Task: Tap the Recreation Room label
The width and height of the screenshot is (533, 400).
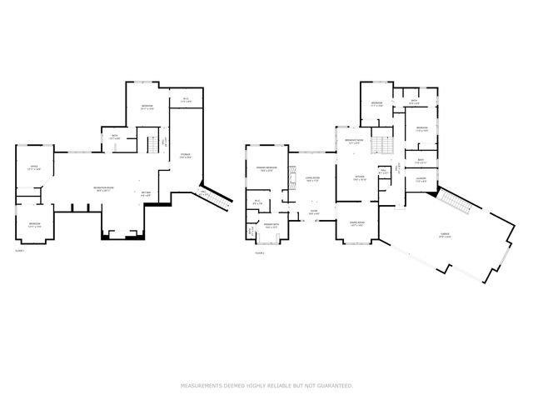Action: [103, 188]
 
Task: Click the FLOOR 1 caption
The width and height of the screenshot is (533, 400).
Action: [19, 250]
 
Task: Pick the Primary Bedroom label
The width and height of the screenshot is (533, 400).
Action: [266, 171]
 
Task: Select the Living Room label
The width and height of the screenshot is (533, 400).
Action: [313, 179]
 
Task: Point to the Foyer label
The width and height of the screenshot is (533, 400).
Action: [313, 211]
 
